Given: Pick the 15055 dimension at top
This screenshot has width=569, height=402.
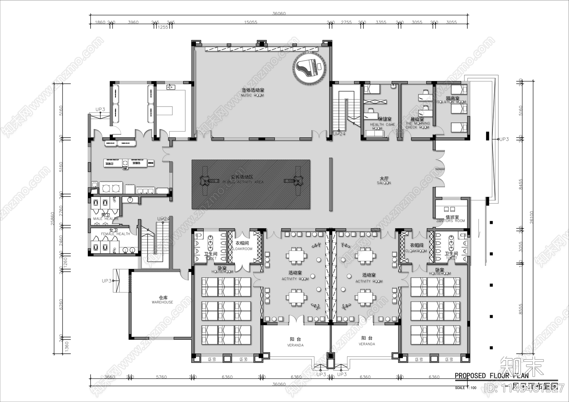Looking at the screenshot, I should [250, 22].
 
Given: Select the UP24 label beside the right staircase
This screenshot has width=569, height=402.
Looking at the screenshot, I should [339, 134].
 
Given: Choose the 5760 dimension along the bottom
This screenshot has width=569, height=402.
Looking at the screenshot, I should [161, 377].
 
